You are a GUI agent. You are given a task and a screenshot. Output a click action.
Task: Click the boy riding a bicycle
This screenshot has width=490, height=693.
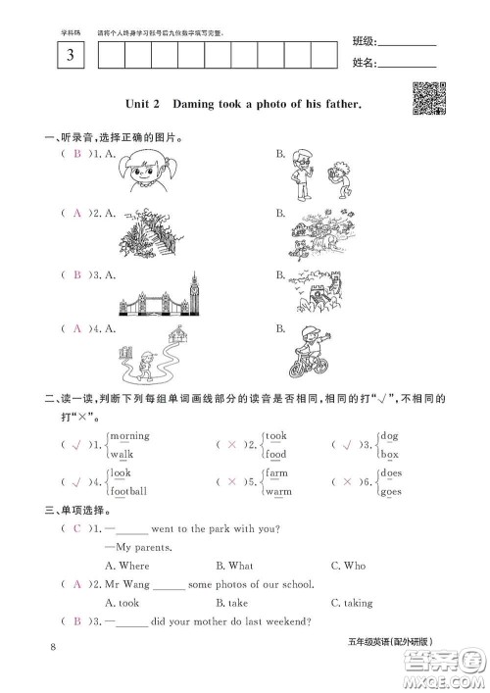(x=310, y=351)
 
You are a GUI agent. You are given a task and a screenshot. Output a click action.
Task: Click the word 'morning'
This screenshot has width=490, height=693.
(x=129, y=435)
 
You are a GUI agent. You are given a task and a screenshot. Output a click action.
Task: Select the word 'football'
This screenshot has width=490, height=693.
(x=128, y=490)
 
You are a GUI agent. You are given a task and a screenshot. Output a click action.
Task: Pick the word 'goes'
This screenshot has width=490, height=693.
(x=393, y=490)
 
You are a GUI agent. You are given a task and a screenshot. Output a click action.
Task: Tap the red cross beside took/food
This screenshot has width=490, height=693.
(x=232, y=445)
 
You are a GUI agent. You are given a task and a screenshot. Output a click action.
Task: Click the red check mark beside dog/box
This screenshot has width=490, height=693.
(x=345, y=445)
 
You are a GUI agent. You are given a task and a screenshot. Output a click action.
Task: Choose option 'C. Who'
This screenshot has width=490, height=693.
(x=348, y=566)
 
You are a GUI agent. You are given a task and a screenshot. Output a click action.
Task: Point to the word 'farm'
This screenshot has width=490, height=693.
(x=277, y=472)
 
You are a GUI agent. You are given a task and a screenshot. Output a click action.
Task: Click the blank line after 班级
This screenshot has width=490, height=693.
(x=406, y=44)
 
